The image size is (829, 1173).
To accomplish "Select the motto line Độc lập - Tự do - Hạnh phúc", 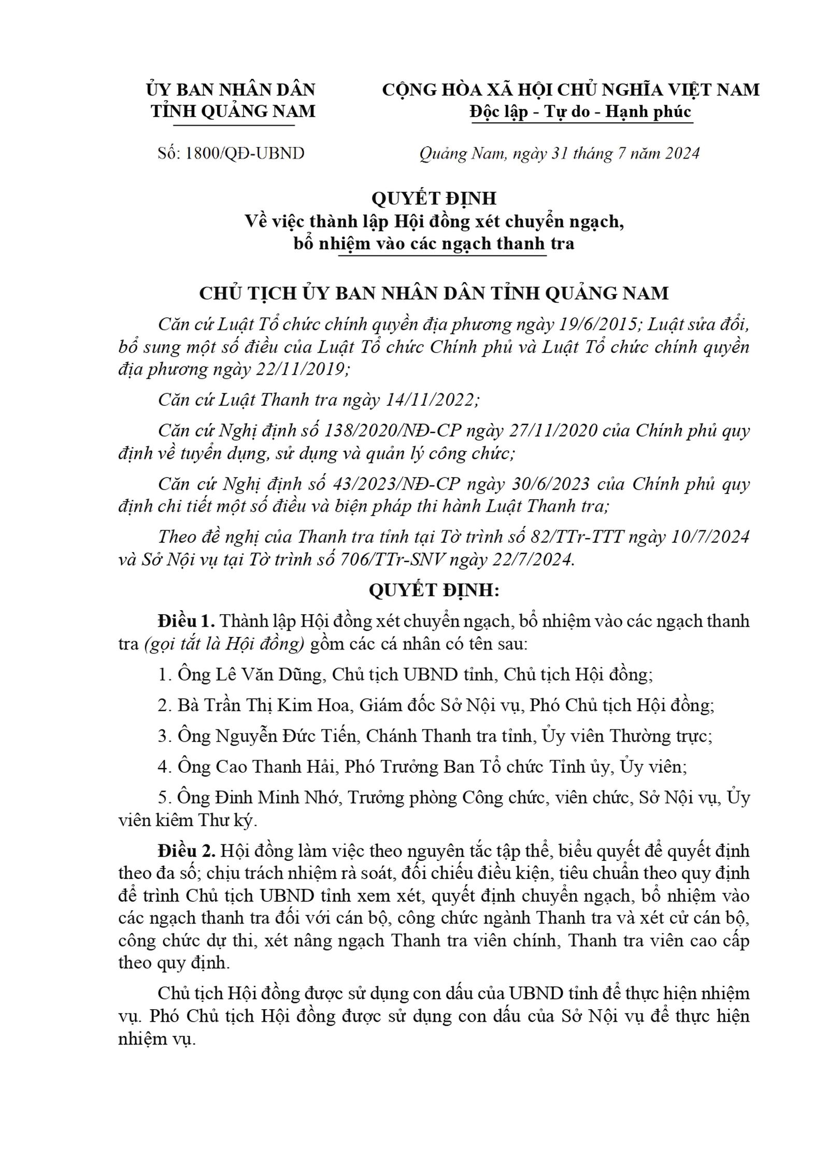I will pyautogui.click(x=580, y=111).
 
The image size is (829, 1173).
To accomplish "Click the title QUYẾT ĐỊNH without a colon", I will pyautogui.click(x=434, y=198).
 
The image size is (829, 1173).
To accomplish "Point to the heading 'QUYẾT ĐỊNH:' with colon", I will pyautogui.click(x=434, y=590).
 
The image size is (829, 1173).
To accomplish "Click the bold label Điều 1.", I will pyautogui.click(x=187, y=621).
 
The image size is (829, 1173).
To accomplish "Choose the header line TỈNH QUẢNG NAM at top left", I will pyautogui.click(x=233, y=111).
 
